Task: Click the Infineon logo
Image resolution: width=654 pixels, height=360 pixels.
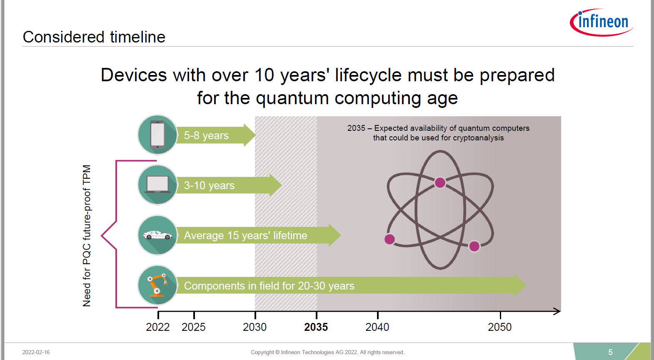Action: pyautogui.click(x=602, y=22)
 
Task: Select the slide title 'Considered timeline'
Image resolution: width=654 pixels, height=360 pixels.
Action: pyautogui.click(x=94, y=37)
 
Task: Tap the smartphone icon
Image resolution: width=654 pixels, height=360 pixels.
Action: pyautogui.click(x=157, y=135)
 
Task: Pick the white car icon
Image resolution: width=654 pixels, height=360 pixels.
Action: pyautogui.click(x=157, y=235)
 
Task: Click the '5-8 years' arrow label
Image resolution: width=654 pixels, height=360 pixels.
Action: pyautogui.click(x=206, y=135)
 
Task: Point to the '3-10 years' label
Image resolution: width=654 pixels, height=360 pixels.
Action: pyautogui.click(x=209, y=186)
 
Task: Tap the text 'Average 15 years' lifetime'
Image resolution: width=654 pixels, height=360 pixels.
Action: pyautogui.click(x=245, y=235)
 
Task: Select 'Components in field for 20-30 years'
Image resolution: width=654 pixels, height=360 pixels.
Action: pyautogui.click(x=269, y=286)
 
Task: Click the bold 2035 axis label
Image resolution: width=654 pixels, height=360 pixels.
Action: pyautogui.click(x=316, y=327)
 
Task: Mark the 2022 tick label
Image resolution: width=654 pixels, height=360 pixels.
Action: pyautogui.click(x=157, y=327)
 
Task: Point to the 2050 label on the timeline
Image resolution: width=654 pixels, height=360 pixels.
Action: pyautogui.click(x=499, y=327)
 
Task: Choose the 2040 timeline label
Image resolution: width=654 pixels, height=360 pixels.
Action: pyautogui.click(x=377, y=327)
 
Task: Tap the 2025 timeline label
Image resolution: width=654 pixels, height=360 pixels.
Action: pyautogui.click(x=193, y=327)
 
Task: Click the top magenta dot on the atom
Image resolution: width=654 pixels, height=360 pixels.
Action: pyautogui.click(x=440, y=183)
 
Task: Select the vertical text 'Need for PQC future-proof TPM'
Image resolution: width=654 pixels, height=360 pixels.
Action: pyautogui.click(x=87, y=235)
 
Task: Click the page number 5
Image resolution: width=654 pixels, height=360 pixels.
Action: pyautogui.click(x=610, y=352)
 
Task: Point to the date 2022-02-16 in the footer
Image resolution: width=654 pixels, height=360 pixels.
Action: pyautogui.click(x=36, y=352)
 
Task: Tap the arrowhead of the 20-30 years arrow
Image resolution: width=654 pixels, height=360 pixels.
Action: pyautogui.click(x=520, y=285)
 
